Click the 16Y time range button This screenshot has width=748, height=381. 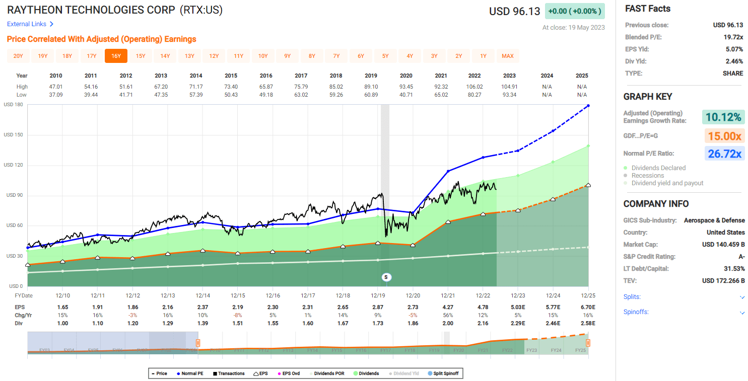tap(116, 56)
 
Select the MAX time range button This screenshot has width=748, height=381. tap(508, 56)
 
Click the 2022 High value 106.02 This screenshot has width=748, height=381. tap(474, 87)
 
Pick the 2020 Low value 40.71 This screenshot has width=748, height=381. tap(406, 95)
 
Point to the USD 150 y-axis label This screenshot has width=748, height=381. tap(13, 135)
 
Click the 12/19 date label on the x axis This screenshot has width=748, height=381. tap(378, 295)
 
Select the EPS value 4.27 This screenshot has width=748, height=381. tap(448, 307)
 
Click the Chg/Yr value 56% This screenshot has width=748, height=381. tap(448, 315)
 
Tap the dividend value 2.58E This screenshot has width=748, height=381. tap(587, 323)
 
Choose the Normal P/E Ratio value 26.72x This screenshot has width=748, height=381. tap(724, 154)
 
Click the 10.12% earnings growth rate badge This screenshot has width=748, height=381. tap(723, 117)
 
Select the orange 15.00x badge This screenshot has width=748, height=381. tap(724, 136)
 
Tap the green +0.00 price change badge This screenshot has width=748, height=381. tap(575, 11)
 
